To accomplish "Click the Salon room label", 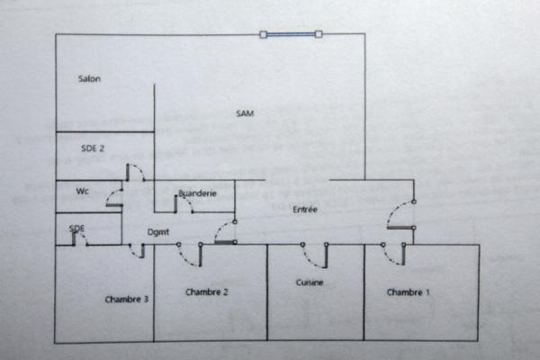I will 89,79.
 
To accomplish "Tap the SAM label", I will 245,113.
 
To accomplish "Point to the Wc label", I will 82,191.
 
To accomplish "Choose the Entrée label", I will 306,210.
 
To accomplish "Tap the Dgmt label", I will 159,232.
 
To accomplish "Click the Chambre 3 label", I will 126,300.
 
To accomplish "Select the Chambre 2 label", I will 207,292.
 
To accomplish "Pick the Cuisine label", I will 310,283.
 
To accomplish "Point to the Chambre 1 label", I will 409,292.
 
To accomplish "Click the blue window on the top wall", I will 291,35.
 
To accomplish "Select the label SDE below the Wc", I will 77,229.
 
